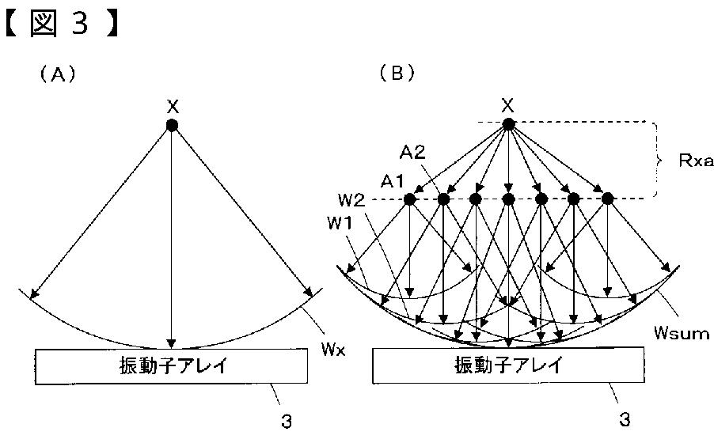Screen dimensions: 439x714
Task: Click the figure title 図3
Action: coord(63,23)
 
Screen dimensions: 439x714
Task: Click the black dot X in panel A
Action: coord(172,126)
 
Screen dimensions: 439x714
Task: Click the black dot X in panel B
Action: coord(509,125)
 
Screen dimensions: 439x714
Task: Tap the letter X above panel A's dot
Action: coord(172,106)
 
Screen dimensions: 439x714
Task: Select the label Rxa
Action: coord(696,161)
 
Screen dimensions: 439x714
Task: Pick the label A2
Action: coord(416,151)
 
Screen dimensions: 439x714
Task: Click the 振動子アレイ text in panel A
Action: coord(170,366)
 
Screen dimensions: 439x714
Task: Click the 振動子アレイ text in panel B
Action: coord(508,365)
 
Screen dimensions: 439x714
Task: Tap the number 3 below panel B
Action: coord(625,420)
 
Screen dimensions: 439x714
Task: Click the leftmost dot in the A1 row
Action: coord(410,199)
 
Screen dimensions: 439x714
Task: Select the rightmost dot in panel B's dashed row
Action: coord(607,199)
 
